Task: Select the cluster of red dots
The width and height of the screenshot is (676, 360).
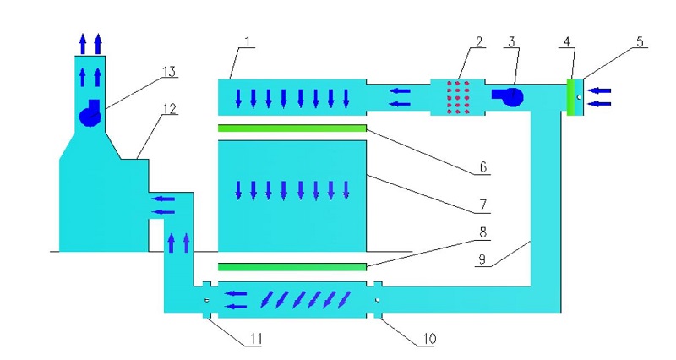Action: click(457, 96)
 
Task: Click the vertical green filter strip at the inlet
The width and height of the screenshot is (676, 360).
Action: click(571, 95)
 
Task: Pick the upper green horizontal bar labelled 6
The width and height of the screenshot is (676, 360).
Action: click(292, 128)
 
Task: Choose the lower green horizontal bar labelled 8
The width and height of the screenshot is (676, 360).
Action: click(292, 267)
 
